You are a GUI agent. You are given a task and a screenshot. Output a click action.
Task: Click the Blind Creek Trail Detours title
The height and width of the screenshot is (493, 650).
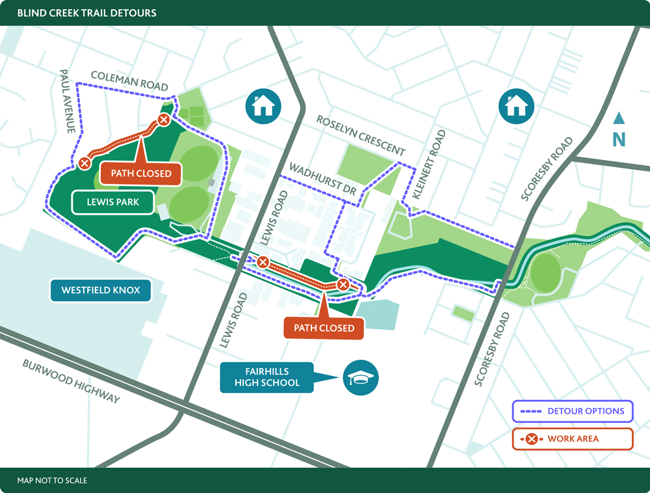coord(86,13)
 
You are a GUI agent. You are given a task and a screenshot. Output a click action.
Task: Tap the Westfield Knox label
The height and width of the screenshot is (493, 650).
coord(101,290)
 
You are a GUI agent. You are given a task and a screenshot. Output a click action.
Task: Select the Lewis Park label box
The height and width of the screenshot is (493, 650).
coord(114,202)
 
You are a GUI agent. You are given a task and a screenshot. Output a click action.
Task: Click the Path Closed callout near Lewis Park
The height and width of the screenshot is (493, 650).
coord(141,173)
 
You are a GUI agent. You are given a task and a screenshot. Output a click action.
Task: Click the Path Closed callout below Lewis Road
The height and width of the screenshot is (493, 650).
coord(324,328)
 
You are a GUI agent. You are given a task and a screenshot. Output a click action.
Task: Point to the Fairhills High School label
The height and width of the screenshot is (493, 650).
coord(267,377)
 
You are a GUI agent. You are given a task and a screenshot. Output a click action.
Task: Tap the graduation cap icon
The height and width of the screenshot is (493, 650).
coord(361,377)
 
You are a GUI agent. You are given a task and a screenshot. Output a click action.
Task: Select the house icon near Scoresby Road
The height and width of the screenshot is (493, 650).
coord(516,105)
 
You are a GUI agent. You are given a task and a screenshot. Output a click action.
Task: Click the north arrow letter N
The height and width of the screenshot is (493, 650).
coord(619,139)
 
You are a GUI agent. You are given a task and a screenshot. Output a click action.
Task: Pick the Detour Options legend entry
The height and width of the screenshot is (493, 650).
coord(572,411)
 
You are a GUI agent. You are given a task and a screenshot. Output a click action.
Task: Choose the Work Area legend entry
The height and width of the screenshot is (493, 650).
coord(572,439)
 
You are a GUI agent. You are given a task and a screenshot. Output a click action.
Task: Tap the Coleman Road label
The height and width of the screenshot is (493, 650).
coord(129,81)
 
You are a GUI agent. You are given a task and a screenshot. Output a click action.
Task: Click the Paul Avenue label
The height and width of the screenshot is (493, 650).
coord(68,101)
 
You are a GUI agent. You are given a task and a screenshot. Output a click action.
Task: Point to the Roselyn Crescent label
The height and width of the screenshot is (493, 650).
coord(361,135)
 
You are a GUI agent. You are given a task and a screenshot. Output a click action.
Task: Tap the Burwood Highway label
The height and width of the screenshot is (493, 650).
coord(71,381)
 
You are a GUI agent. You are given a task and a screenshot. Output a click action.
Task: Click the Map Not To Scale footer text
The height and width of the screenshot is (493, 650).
coord(53,481)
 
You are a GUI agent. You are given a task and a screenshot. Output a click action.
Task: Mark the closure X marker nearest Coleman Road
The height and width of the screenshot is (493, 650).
coord(164,120)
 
